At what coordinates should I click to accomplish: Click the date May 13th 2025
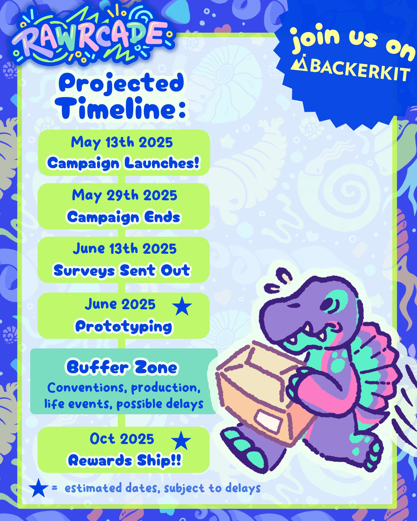122,143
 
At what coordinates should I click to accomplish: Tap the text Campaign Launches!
123,163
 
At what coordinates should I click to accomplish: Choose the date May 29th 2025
125,196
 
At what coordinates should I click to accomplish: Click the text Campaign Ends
124,217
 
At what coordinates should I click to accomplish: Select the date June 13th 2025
125,249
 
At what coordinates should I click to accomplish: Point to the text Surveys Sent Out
122,270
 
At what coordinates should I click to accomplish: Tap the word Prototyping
124,327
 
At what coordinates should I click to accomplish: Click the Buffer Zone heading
122,367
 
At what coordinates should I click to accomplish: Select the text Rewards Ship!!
125,461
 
